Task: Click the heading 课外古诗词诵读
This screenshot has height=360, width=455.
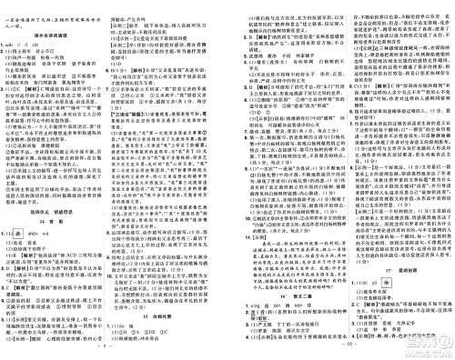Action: click(56, 35)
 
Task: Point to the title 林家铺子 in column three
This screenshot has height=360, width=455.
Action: click(301, 55)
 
